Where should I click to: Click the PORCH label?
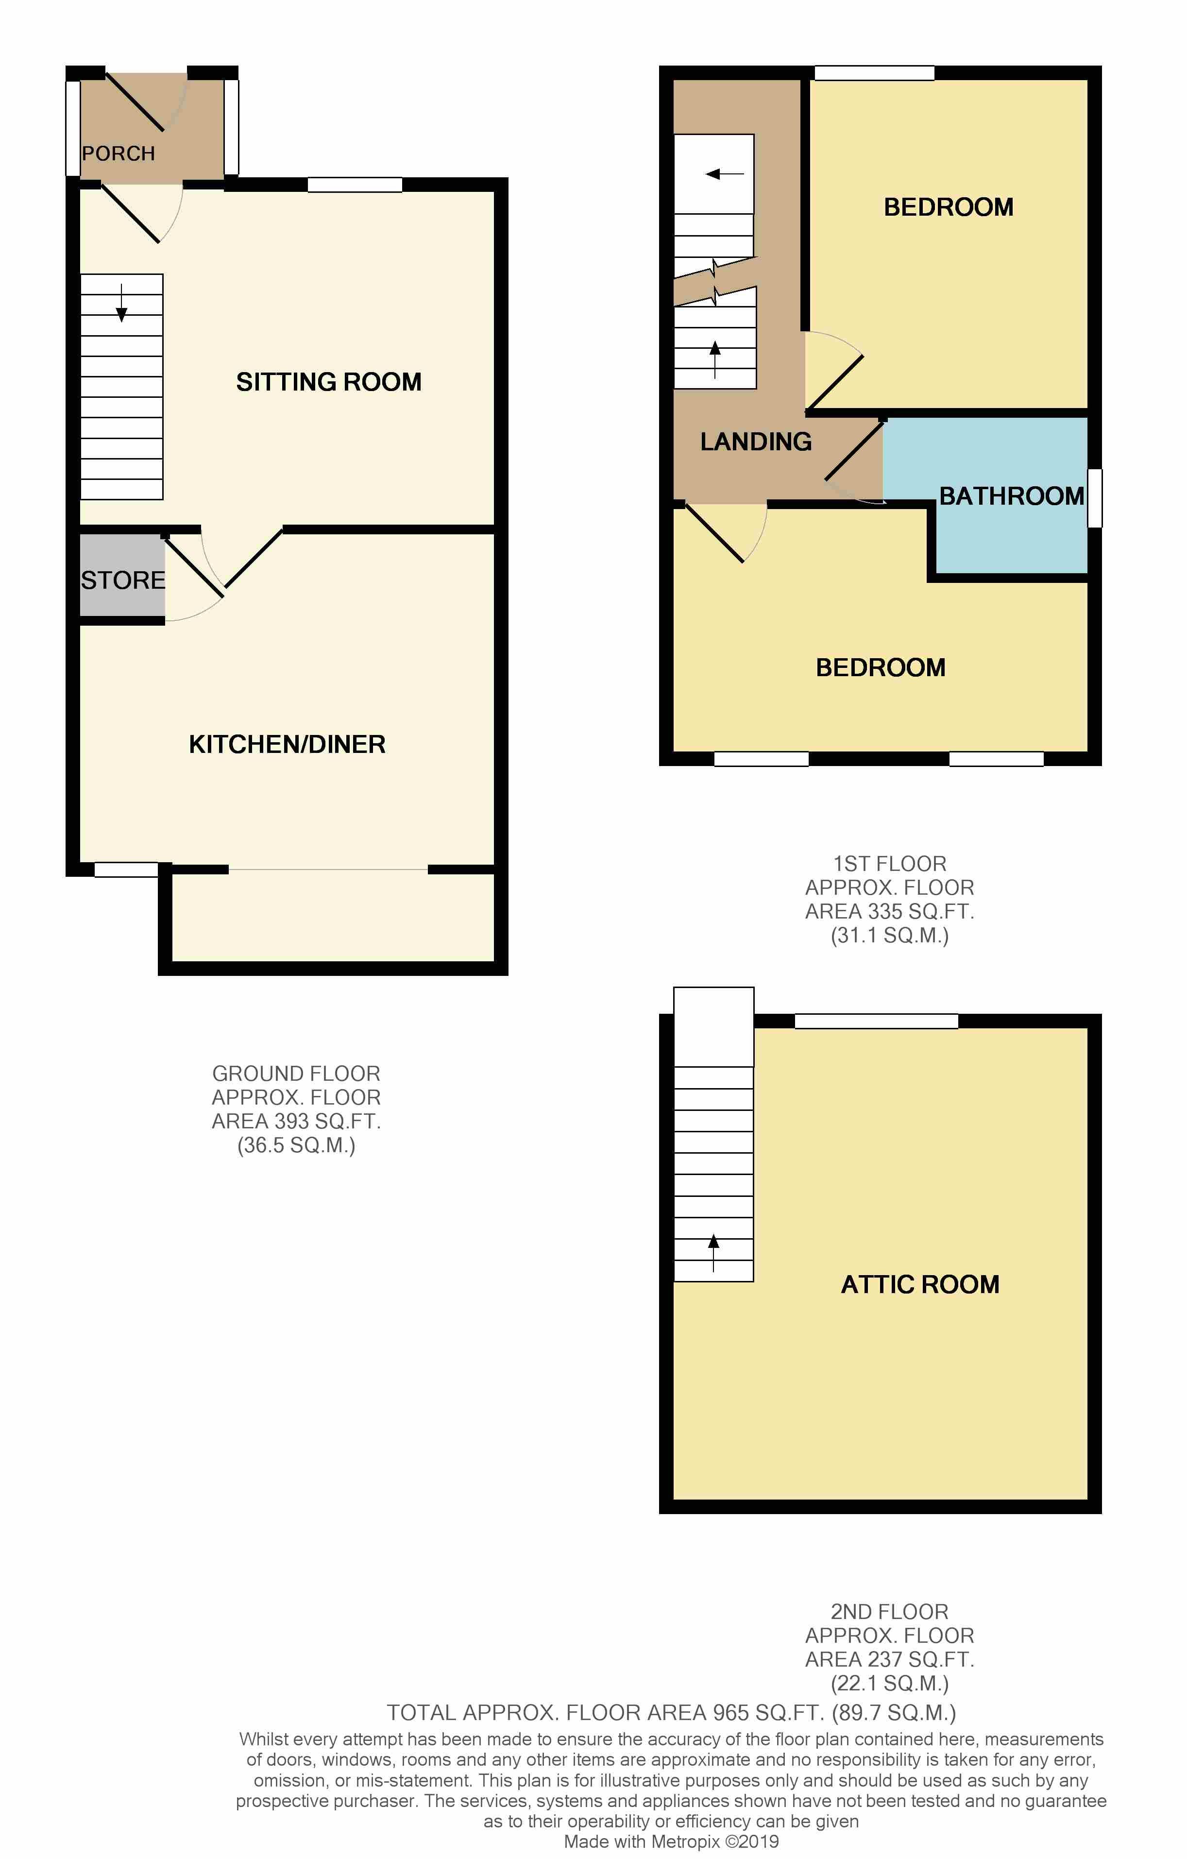pos(118,153)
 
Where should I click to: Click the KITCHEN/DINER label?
pos(287,744)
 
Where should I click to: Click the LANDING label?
pos(756,442)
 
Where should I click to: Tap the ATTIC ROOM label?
pos(920,1284)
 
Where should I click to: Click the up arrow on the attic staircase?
pos(713,1252)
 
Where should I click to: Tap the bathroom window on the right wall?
pos(1094,498)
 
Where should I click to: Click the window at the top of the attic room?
pos(876,1021)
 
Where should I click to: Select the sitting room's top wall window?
pos(355,185)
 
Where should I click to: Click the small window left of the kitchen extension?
pos(127,870)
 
